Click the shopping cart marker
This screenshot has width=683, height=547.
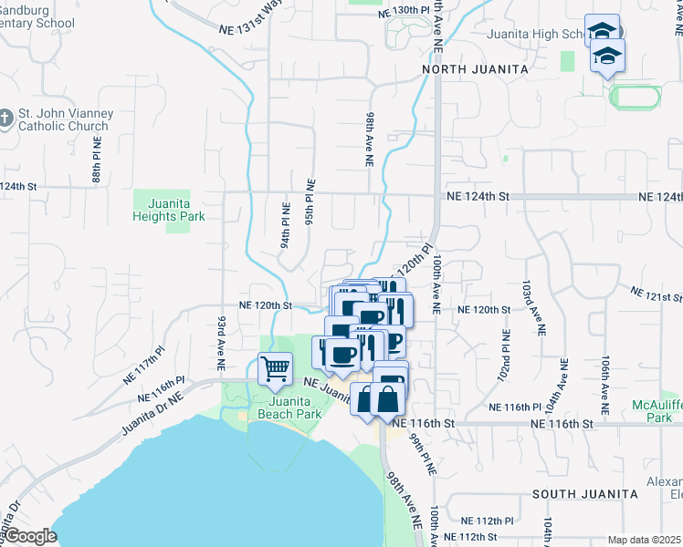point(275,369)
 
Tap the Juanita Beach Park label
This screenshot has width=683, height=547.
point(295,407)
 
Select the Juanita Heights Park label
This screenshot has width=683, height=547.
point(168,211)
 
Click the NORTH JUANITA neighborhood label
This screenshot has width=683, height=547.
point(475,69)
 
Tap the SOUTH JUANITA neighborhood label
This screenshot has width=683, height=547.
point(585,493)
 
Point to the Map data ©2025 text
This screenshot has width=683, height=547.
point(643,540)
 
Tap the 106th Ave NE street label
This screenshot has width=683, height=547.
point(605,382)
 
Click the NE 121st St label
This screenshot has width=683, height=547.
point(656,295)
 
